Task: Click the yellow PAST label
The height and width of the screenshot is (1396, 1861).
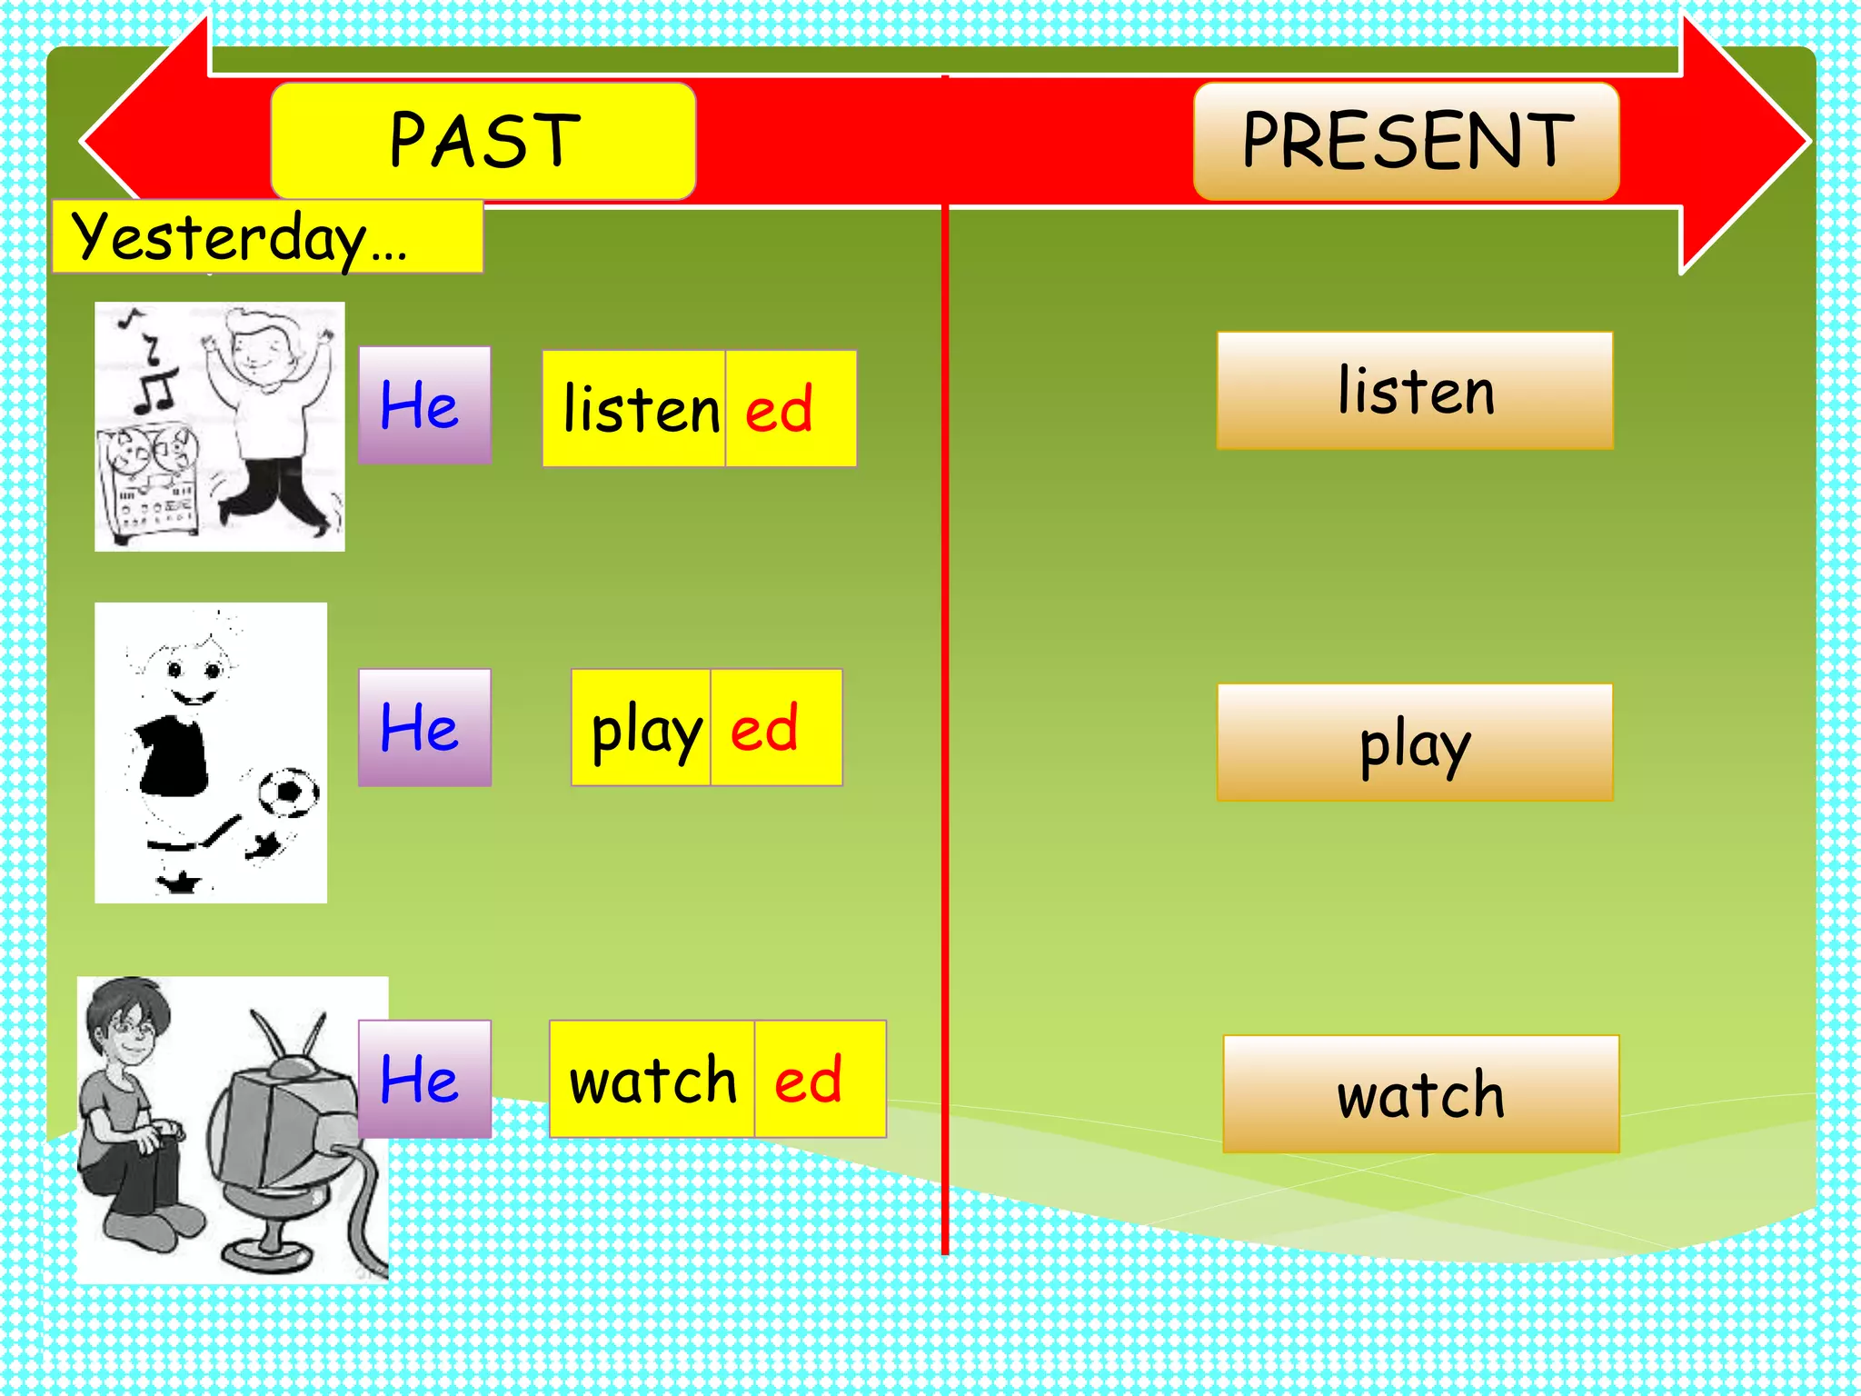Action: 483,141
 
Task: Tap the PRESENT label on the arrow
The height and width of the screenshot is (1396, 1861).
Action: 1406,141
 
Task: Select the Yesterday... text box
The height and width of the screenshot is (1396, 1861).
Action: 267,236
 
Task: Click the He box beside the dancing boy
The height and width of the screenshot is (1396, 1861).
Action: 424,405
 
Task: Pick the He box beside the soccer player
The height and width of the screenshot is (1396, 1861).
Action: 424,727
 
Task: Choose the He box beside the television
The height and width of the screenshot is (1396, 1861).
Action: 424,1079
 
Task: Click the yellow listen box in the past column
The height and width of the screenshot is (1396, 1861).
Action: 634,409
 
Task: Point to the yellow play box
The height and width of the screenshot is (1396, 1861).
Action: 642,727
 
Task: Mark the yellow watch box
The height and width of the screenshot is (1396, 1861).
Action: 652,1079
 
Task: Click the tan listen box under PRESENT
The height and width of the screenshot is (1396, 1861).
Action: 1415,391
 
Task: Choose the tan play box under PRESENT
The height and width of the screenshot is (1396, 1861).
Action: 1415,743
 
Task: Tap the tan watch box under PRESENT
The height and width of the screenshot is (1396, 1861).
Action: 1420,1094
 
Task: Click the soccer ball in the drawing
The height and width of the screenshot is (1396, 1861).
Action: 288,793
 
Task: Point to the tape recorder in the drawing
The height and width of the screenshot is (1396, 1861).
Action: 148,482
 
